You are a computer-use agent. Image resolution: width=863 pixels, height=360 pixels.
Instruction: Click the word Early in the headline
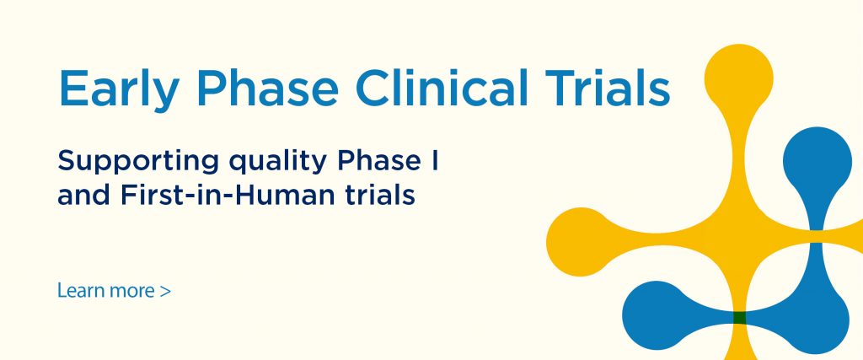118,88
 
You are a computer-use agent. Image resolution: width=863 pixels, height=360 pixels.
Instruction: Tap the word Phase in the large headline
266,88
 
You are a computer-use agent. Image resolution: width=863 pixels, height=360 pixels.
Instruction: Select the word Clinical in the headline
442,88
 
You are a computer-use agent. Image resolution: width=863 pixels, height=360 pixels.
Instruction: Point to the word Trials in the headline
608,88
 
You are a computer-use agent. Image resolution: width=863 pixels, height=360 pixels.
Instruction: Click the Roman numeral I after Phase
436,159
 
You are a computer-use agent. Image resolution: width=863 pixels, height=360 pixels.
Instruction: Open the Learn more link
114,290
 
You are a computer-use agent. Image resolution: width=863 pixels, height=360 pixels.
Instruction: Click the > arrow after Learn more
165,291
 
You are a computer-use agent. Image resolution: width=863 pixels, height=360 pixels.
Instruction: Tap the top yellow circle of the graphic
738,78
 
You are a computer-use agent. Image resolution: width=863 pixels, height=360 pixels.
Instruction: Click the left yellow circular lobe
580,242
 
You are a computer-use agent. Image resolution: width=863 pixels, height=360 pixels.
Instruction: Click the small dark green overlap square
740,318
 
